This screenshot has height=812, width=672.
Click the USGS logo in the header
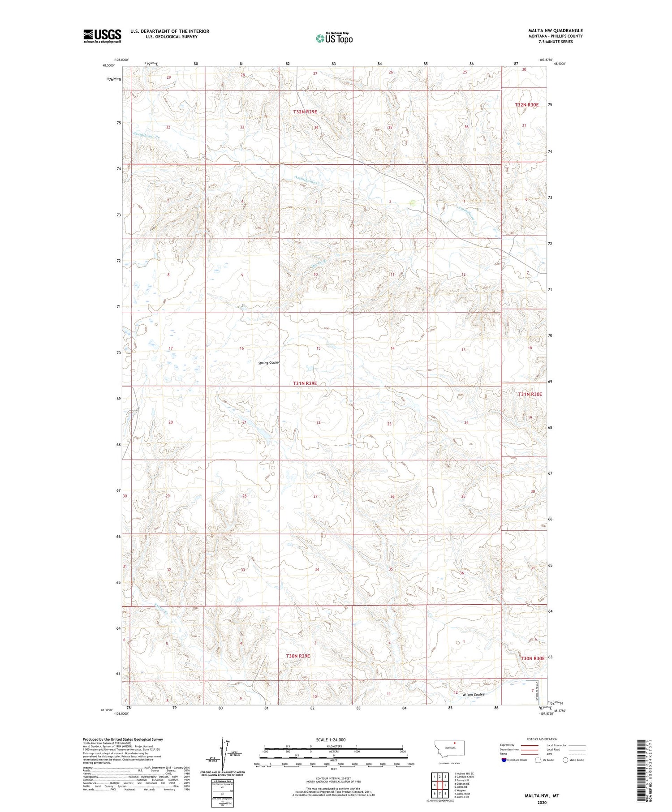coord(102,36)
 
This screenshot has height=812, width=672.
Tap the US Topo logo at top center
coord(334,39)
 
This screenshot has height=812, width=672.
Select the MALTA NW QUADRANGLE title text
coord(555,31)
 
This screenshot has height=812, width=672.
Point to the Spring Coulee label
coord(269,362)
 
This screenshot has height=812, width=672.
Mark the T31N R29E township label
coord(305,383)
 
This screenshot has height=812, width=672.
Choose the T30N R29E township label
coord(298,656)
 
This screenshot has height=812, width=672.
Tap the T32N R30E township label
coord(526,105)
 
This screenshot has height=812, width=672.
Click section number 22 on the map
coord(318,422)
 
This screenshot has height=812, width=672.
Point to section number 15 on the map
coord(318,348)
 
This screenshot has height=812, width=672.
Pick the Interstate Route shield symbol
coord(504,760)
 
